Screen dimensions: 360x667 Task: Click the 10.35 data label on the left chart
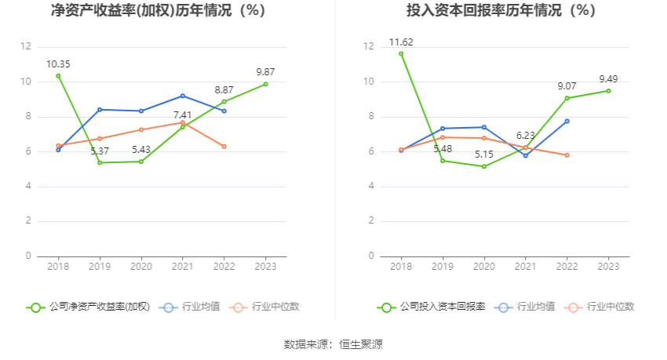tap(58, 64)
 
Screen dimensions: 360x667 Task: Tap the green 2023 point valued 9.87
tap(265, 84)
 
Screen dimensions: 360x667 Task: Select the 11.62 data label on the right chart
tap(401, 42)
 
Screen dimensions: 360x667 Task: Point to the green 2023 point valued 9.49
tap(608, 91)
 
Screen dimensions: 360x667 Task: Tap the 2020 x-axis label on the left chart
tap(141, 267)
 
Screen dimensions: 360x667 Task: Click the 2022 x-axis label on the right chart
tap(567, 267)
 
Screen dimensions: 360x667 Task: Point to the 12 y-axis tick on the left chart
tap(27, 47)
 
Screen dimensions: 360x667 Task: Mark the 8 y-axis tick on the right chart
tap(368, 117)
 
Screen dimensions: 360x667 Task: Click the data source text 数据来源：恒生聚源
tap(333, 344)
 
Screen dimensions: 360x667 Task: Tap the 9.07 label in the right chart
tap(568, 85)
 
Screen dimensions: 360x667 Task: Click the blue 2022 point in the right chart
tap(567, 121)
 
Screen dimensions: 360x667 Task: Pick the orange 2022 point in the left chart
tap(224, 147)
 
